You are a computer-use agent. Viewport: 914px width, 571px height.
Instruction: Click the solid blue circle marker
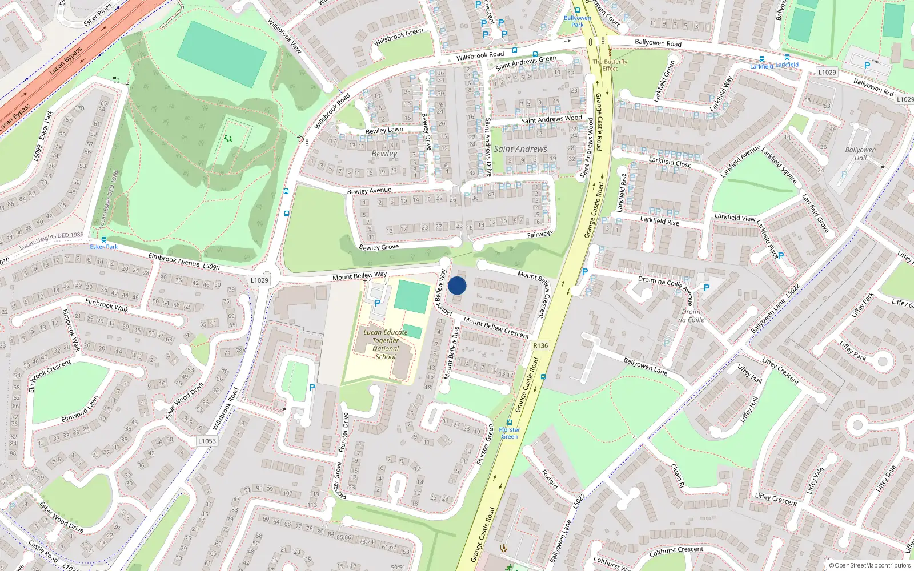tap(457, 285)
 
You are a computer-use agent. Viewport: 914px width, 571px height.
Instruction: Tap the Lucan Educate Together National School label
tap(386, 344)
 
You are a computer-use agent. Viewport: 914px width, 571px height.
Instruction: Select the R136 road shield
tap(540, 345)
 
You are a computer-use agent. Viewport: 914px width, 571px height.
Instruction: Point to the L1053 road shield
tap(207, 441)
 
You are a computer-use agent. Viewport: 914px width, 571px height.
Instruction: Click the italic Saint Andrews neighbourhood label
tap(520, 149)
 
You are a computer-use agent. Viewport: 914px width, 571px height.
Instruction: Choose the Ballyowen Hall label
tap(860, 154)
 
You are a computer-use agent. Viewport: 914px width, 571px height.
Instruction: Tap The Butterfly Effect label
tap(610, 65)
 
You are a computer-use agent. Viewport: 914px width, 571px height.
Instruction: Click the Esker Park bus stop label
tap(104, 247)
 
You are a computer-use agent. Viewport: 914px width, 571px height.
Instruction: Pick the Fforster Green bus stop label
tap(509, 433)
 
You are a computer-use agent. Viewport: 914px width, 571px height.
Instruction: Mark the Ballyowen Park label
tap(578, 21)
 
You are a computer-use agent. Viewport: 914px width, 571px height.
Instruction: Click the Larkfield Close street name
tap(670, 162)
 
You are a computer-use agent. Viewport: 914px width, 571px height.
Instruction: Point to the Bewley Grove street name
tap(379, 247)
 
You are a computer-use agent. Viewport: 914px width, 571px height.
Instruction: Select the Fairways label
tap(540, 234)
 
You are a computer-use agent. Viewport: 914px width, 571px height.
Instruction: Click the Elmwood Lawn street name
tap(80, 409)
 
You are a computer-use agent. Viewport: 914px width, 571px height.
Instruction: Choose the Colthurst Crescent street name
tap(676, 551)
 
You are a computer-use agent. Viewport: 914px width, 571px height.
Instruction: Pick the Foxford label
tap(550, 479)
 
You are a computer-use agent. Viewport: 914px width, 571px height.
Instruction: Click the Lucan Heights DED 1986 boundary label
tap(51, 240)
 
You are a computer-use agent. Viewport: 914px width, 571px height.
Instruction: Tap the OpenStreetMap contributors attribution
tap(870, 565)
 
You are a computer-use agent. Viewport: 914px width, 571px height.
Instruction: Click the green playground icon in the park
tap(228, 139)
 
